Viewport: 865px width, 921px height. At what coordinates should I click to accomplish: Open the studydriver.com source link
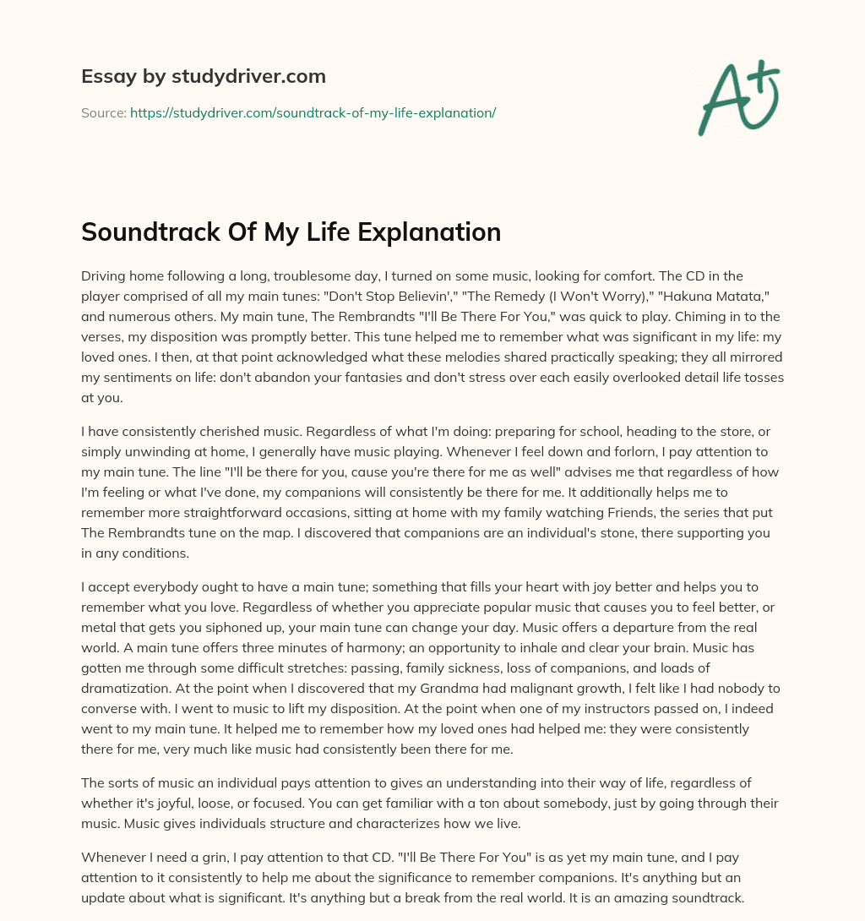tap(313, 112)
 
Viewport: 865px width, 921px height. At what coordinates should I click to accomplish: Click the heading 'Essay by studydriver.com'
tap(203, 76)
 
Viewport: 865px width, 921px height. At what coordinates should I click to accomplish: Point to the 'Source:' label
tap(103, 112)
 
